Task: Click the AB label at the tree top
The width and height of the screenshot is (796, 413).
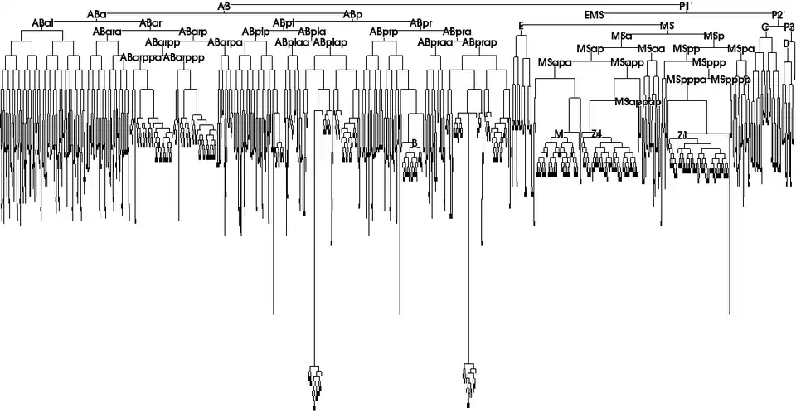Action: click(223, 6)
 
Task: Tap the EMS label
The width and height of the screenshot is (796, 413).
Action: click(594, 16)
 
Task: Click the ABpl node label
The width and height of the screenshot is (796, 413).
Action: click(282, 22)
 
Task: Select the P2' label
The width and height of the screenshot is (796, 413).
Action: click(778, 15)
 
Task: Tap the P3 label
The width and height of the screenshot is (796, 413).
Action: click(789, 27)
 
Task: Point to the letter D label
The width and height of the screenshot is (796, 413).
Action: click(786, 42)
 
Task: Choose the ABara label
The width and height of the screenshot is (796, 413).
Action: click(107, 32)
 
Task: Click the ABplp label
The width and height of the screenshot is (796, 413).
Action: click(255, 32)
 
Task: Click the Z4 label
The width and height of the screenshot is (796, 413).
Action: click(595, 134)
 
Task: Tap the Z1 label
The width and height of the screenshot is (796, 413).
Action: click(682, 134)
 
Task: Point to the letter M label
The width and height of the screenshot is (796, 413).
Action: click(558, 134)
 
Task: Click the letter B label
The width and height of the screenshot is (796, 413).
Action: click(414, 143)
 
